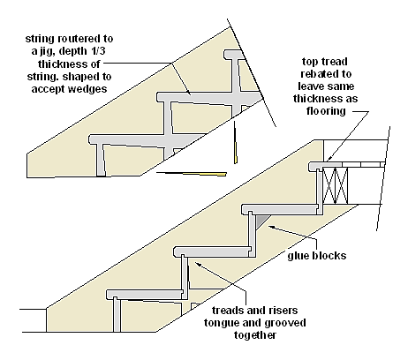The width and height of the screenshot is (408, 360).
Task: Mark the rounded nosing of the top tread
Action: [x=313, y=166]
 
